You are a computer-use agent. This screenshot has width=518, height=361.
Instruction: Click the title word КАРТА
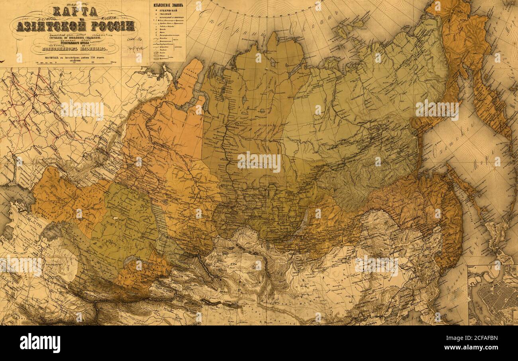[x=75, y=11]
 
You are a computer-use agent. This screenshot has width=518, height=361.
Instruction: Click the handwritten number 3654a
[x=136, y=48]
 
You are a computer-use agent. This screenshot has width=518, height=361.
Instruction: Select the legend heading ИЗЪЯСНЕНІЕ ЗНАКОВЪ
[x=168, y=5]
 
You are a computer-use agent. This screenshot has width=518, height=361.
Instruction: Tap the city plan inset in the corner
[x=493, y=295]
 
